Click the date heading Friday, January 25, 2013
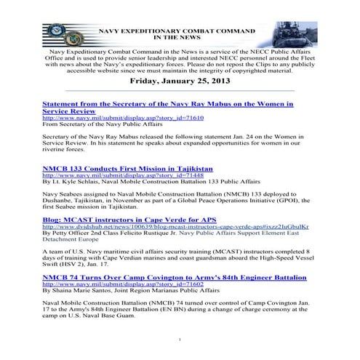tap(180, 82)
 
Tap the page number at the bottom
tap(180, 340)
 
